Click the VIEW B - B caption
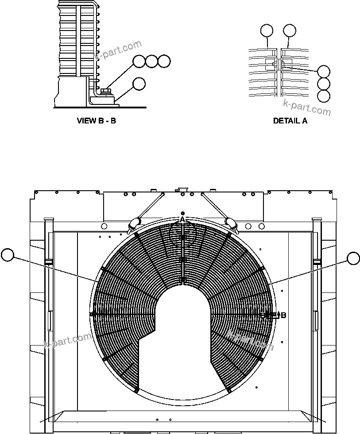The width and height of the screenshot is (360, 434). (x=97, y=120)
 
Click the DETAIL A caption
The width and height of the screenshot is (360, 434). (x=290, y=120)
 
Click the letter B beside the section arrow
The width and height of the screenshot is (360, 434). (x=283, y=315)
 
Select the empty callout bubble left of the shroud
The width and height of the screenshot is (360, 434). (x=8, y=255)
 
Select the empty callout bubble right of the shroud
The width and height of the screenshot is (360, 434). (x=353, y=258)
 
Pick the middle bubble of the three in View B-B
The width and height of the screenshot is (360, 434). (x=152, y=61)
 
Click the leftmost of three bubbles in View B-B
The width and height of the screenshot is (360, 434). (x=139, y=61)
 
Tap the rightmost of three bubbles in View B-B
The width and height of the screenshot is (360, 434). (x=164, y=61)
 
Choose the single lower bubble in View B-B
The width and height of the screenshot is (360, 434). (x=139, y=84)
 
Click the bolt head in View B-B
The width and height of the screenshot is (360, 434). (x=105, y=91)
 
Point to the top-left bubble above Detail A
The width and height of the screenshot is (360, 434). (x=267, y=31)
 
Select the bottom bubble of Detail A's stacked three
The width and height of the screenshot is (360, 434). (x=324, y=96)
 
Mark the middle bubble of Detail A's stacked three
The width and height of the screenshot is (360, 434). (x=324, y=84)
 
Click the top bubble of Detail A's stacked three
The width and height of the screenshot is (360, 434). (x=324, y=71)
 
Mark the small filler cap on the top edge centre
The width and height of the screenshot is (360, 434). (x=181, y=191)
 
